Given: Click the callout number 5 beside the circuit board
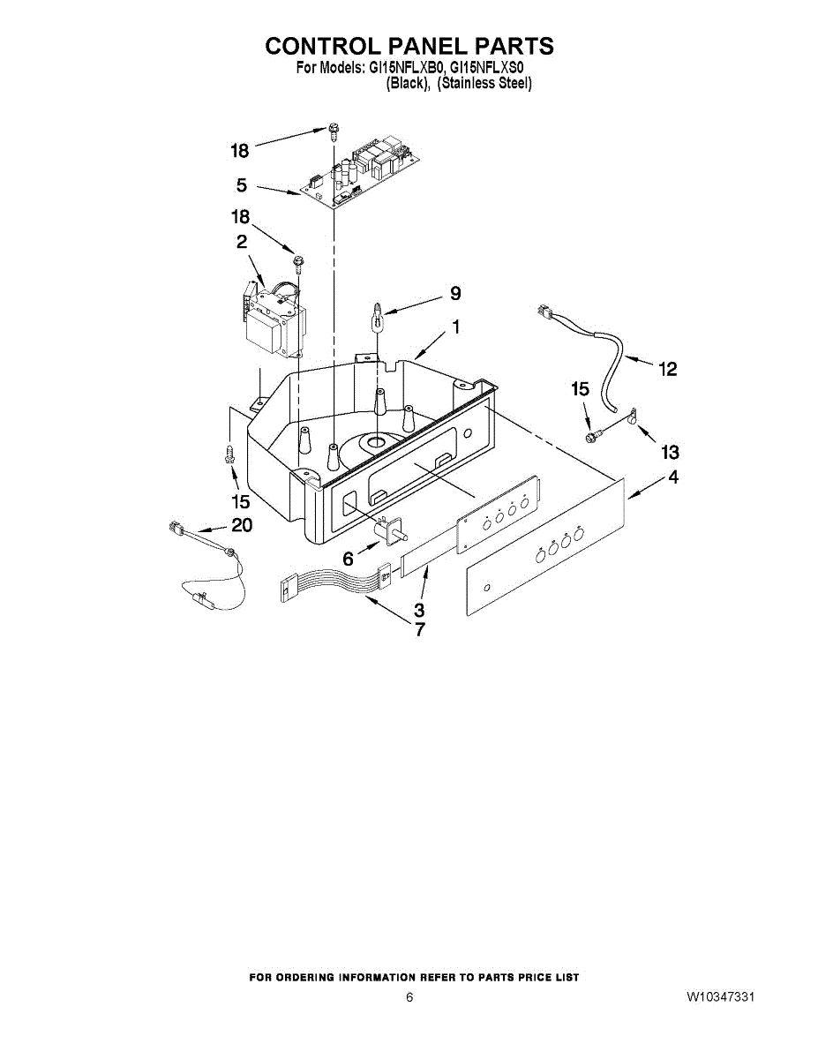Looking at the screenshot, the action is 241,186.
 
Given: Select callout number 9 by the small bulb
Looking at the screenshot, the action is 454,293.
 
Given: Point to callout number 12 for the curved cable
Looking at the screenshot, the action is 668,369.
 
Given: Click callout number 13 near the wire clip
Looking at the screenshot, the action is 671,452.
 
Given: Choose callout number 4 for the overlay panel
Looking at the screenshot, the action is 673,479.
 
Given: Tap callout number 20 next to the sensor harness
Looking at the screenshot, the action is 241,526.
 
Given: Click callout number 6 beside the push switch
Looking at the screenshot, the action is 348,560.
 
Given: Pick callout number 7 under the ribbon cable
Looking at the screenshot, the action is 419,630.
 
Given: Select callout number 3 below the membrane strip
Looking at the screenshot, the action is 419,610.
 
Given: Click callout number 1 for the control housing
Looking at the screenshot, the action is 455,327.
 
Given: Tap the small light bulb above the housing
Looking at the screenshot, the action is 377,313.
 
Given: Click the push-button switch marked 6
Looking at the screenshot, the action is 389,529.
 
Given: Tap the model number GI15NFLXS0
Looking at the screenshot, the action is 487,67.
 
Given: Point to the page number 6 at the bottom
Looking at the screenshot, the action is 409,997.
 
